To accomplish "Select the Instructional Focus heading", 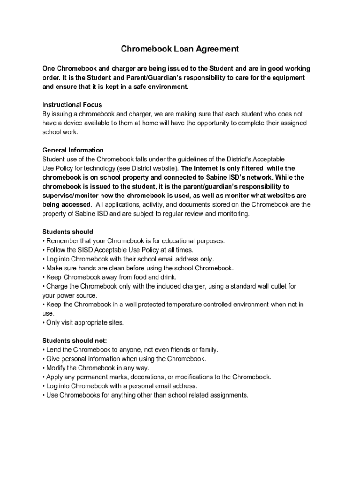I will coord(72,105).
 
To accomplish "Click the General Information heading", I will coord(73,150).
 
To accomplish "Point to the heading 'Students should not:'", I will coord(74,341).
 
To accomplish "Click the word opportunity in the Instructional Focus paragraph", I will coord(212,123).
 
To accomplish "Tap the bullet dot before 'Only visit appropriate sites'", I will coord(43,323).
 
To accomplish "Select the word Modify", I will coord(57,368).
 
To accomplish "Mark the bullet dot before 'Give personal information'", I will coord(43,359).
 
